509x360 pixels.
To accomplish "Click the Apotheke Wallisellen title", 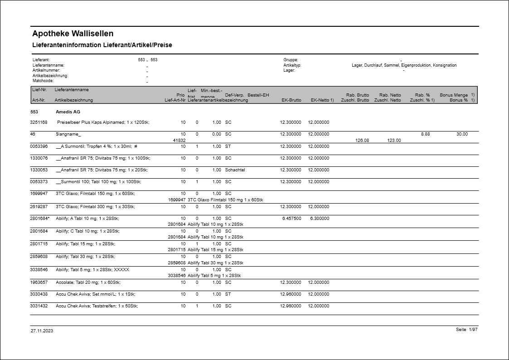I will tap(73, 34).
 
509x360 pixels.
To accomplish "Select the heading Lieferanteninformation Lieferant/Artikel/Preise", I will tap(102, 45).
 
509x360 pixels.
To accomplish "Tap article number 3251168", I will tap(39, 122).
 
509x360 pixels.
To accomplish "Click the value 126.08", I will tap(363, 141).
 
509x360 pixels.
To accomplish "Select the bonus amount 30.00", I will tap(462, 134).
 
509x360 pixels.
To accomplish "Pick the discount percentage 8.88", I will tap(425, 134).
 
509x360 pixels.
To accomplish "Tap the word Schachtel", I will tap(235, 170).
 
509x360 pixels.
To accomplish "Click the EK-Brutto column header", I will tap(291, 100).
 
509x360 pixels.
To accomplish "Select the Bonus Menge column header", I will tap(453, 95).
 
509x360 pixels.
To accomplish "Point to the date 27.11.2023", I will tap(42, 331).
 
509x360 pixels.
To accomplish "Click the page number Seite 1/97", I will tap(466, 330).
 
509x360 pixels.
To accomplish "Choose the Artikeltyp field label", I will tap(292, 65).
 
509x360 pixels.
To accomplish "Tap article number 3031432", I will tap(39, 306).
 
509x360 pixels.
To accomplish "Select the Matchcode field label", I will tap(43, 81).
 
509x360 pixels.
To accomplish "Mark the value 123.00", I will tap(394, 141).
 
